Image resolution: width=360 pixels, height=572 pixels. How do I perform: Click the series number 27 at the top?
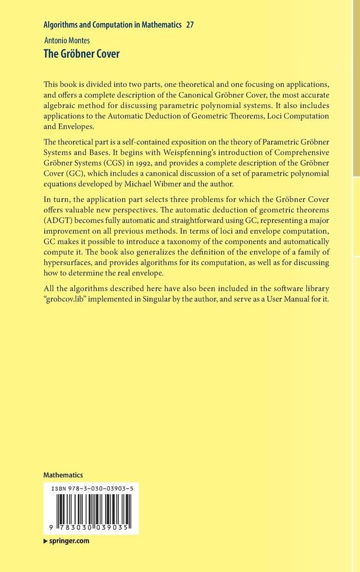[x=190, y=25]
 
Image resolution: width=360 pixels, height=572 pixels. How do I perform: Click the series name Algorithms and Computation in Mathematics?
[x=112, y=25]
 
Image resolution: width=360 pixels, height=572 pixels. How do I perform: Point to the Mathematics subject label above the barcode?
[x=63, y=474]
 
